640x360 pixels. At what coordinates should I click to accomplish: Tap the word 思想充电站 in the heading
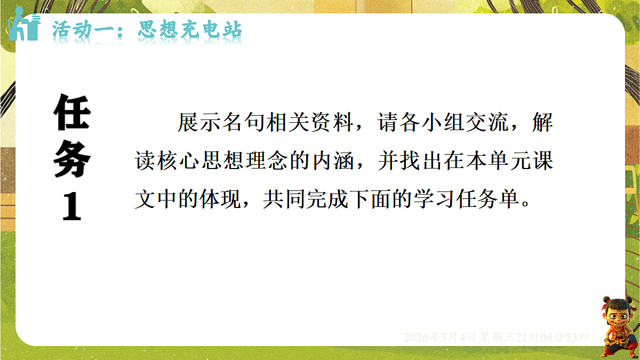click(x=190, y=30)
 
